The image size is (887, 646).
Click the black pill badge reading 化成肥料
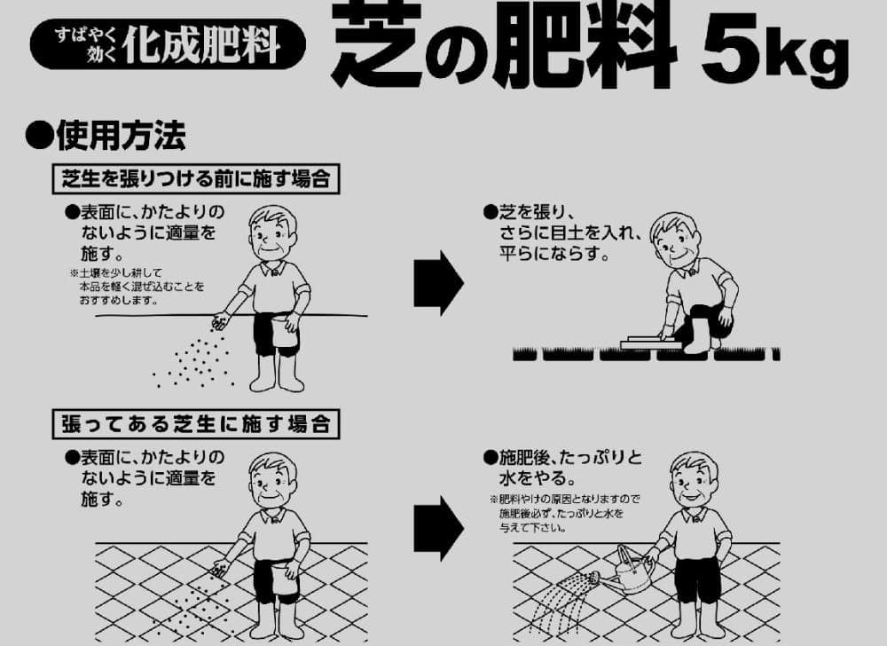[x=168, y=44]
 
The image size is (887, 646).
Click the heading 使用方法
[x=121, y=136]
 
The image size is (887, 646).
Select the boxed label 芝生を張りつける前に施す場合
[x=196, y=178]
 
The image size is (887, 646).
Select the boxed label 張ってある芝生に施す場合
[x=196, y=423]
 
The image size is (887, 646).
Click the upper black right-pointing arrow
[x=438, y=283]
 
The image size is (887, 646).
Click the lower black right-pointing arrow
[x=438, y=528]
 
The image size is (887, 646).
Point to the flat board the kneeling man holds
[x=650, y=343]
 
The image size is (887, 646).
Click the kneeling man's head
[x=675, y=240]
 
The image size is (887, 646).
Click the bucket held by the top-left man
[x=285, y=331]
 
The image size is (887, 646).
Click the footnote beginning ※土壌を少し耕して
[x=137, y=287]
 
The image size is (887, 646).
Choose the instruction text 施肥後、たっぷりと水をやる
[x=563, y=468]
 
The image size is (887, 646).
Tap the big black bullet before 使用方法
[x=40, y=136]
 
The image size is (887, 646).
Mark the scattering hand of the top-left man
[x=221, y=321]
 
